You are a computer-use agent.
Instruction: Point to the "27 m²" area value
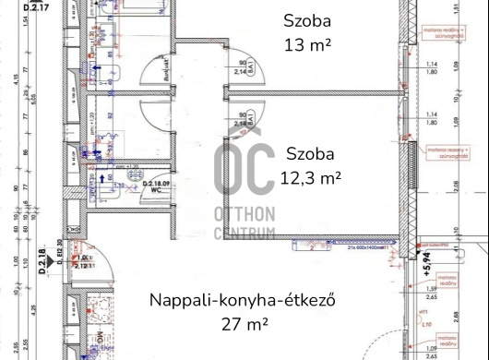[x=244, y=324]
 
